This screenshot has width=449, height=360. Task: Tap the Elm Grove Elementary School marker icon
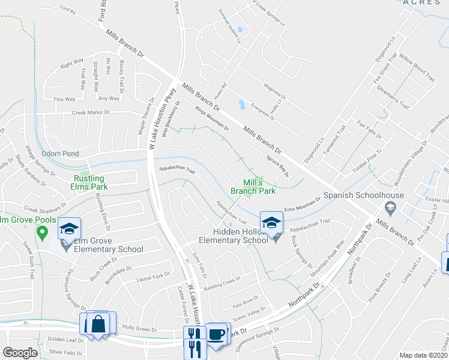69,229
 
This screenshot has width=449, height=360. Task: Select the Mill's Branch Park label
253,187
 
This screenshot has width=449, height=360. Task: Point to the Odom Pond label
60,154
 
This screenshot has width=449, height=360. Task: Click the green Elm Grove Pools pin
41,233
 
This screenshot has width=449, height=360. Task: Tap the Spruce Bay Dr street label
277,166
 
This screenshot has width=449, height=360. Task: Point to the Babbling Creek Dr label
221,280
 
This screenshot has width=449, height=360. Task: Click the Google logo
20,353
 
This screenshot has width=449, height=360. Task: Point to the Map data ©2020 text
424,355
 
